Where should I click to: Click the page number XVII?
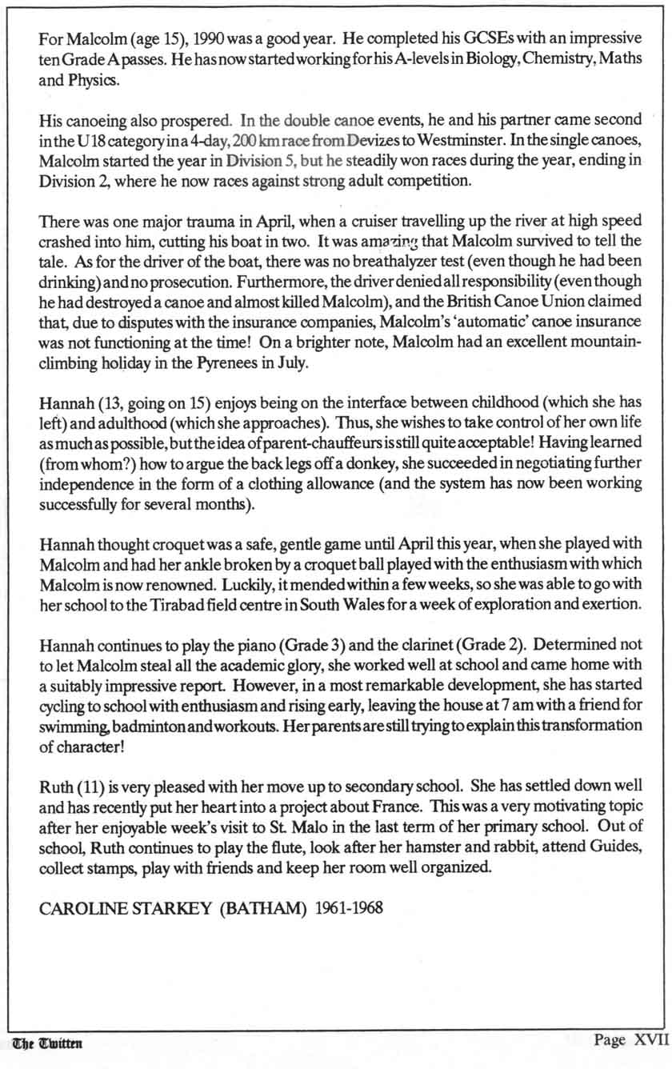coord(650,1041)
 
